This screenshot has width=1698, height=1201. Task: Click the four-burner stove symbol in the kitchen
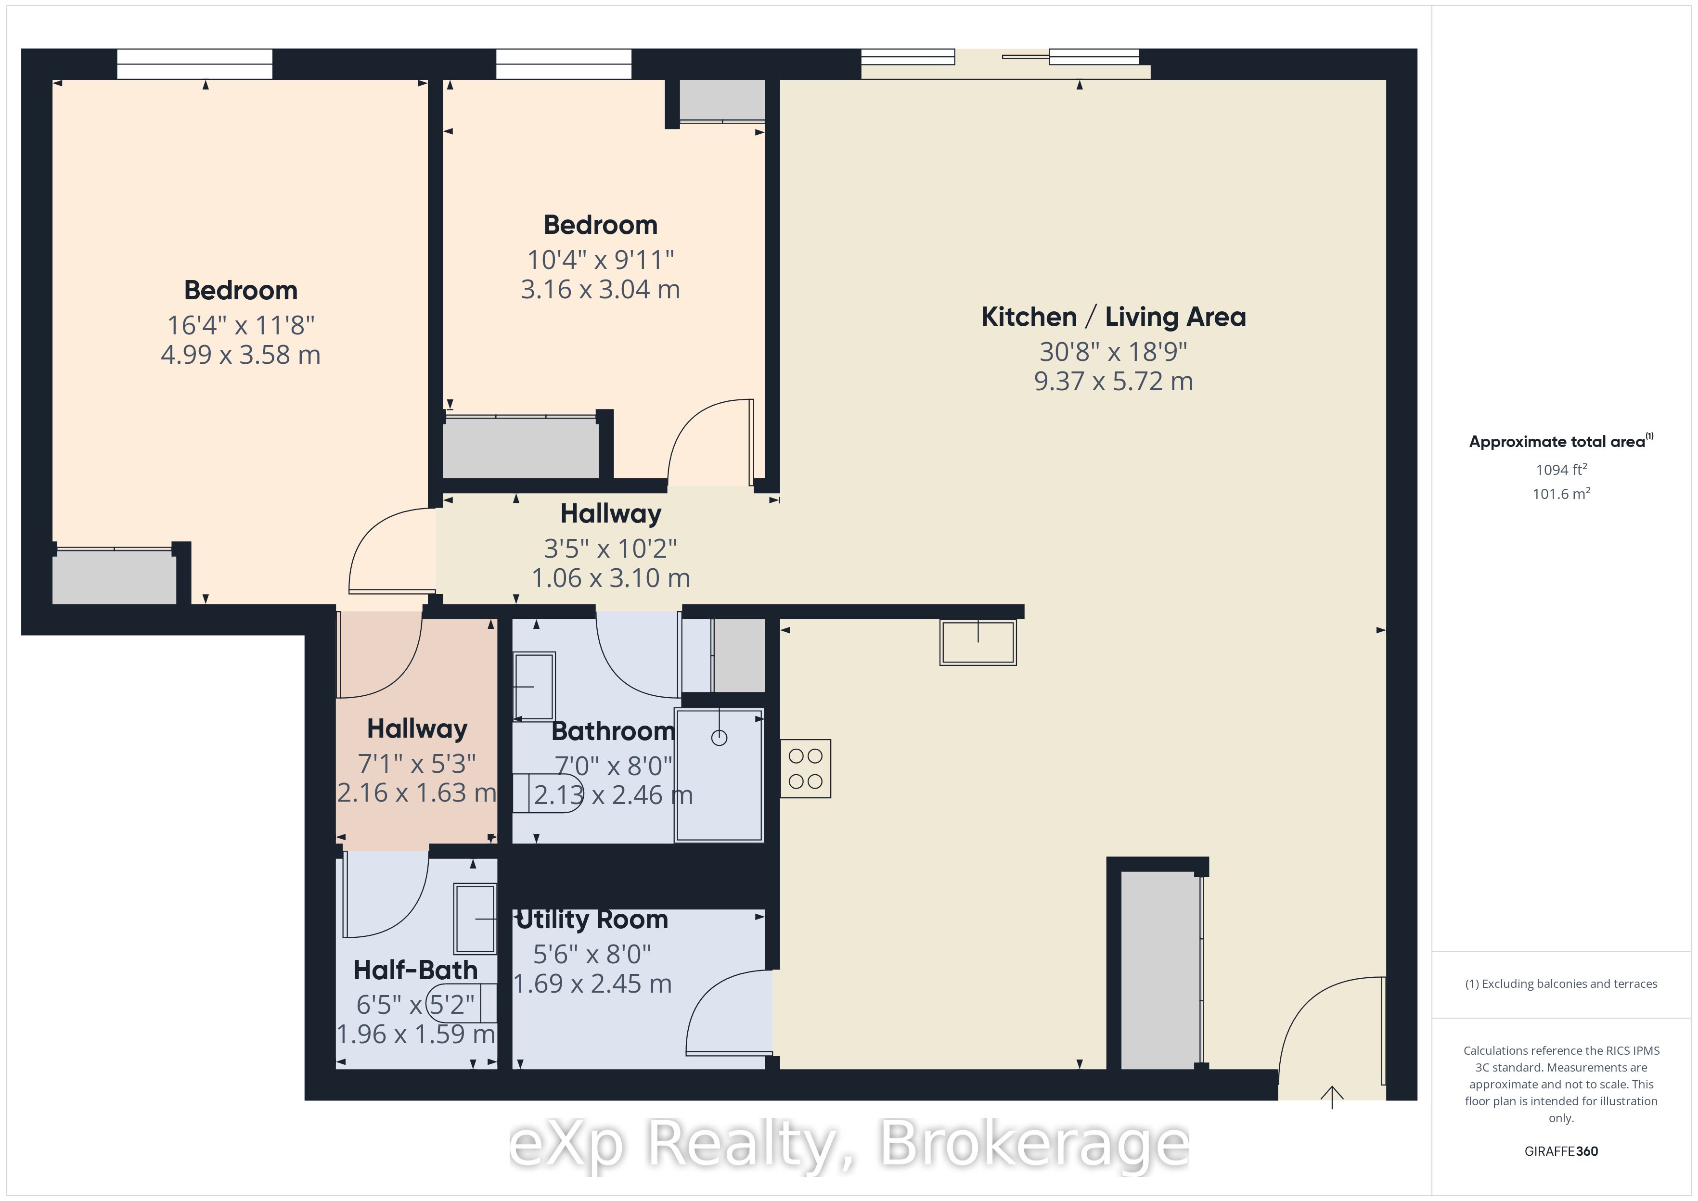click(805, 768)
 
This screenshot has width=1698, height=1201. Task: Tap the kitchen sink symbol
click(978, 642)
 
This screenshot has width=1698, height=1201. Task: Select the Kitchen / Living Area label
click(1113, 317)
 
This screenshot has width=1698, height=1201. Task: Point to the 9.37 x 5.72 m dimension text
click(1113, 381)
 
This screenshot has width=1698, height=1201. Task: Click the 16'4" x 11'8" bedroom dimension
click(240, 325)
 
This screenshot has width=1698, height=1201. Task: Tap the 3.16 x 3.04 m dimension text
click(600, 289)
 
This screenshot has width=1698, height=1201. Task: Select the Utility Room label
click(592, 919)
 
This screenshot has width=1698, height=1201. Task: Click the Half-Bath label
click(416, 970)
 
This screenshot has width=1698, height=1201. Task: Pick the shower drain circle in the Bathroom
click(719, 737)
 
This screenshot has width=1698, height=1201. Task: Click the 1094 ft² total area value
click(1561, 470)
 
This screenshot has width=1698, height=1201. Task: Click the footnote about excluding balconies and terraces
click(1561, 984)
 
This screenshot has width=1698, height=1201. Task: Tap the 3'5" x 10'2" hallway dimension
click(610, 548)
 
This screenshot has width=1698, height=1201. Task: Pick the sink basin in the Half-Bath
click(475, 919)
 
